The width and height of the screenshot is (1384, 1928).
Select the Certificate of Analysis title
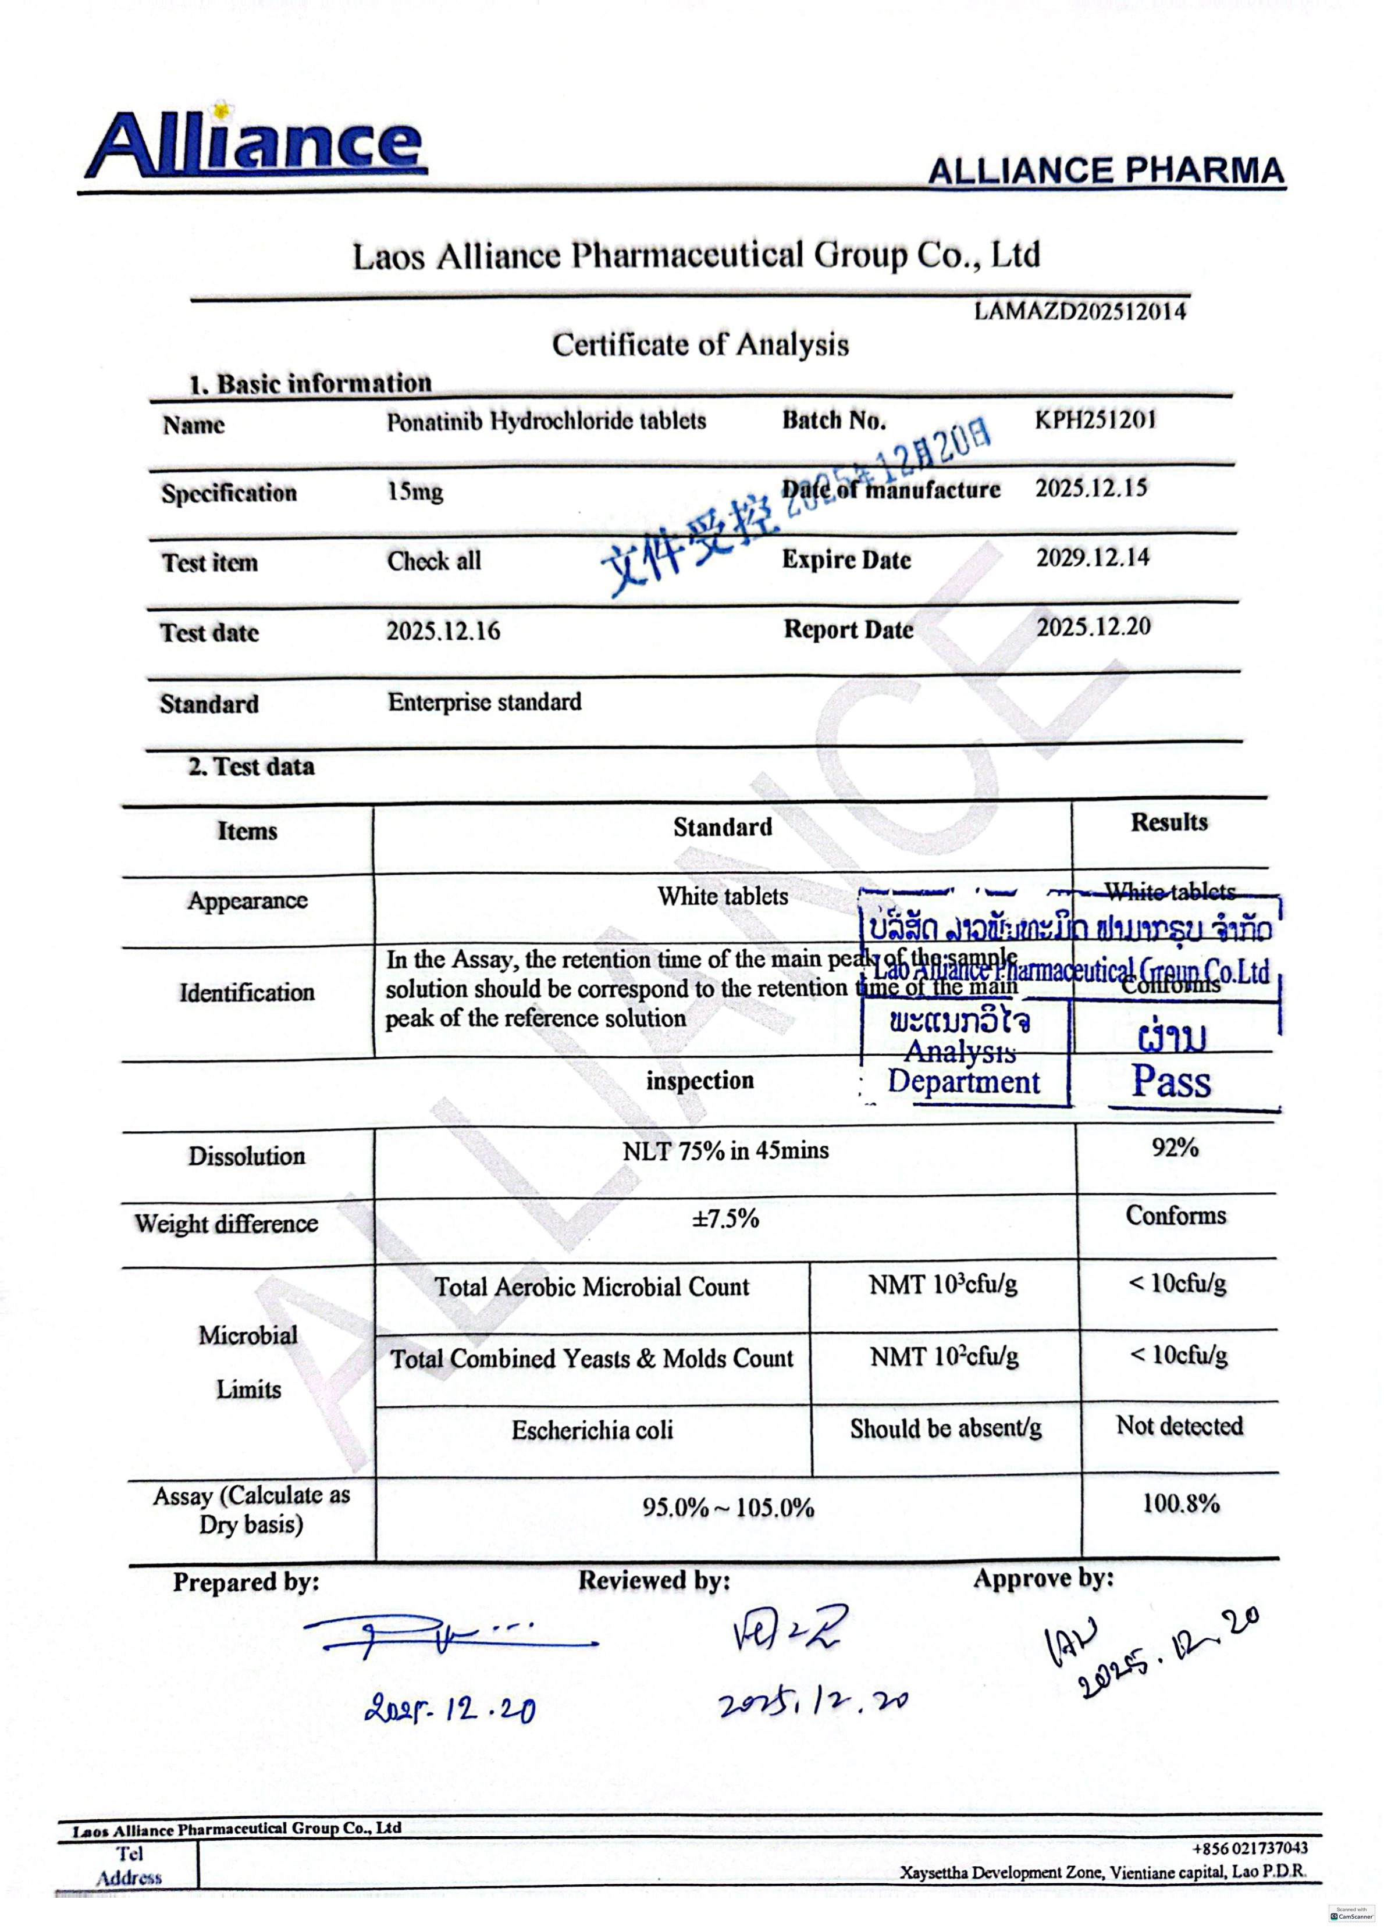coord(700,344)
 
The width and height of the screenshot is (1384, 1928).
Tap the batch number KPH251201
coord(1095,420)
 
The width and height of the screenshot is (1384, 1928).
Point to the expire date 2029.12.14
coord(1093,558)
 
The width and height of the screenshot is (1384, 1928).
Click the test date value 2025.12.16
coord(443,631)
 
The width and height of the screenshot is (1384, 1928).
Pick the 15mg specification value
coord(415,491)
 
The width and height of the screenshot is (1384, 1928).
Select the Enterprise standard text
coord(485,702)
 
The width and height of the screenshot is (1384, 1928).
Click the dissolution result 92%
coord(1175,1147)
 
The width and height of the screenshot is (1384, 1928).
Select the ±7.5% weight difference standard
coord(724,1219)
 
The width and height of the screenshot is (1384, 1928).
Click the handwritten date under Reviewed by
coord(812,1701)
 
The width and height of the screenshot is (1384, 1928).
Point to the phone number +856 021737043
coord(1250,1848)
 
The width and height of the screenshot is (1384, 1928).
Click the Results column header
coord(1169,822)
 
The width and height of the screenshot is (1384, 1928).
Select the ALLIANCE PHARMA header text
coord(1105,171)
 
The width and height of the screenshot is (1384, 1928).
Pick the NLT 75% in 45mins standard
coord(724,1151)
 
